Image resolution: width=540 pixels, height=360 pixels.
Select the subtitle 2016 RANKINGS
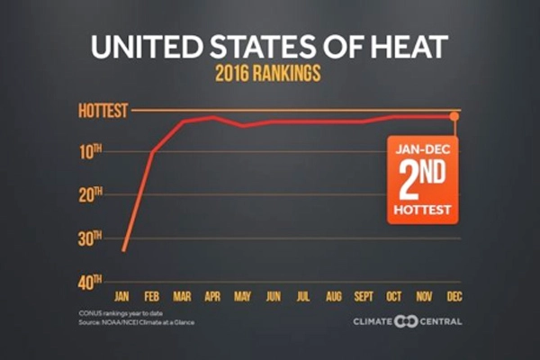pos(269,76)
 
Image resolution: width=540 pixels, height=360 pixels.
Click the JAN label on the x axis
pos(123,295)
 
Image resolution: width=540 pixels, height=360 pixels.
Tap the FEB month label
pos(153,295)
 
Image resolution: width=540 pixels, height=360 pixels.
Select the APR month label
pos(213,295)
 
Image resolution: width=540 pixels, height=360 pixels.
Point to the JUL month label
pos(303,295)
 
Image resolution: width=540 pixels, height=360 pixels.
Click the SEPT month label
pos(364,295)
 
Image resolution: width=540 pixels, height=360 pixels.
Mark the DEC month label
pos(454,295)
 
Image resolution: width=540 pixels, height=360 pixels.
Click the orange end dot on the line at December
pos(454,116)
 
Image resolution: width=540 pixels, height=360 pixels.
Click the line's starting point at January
pos(123,249)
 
